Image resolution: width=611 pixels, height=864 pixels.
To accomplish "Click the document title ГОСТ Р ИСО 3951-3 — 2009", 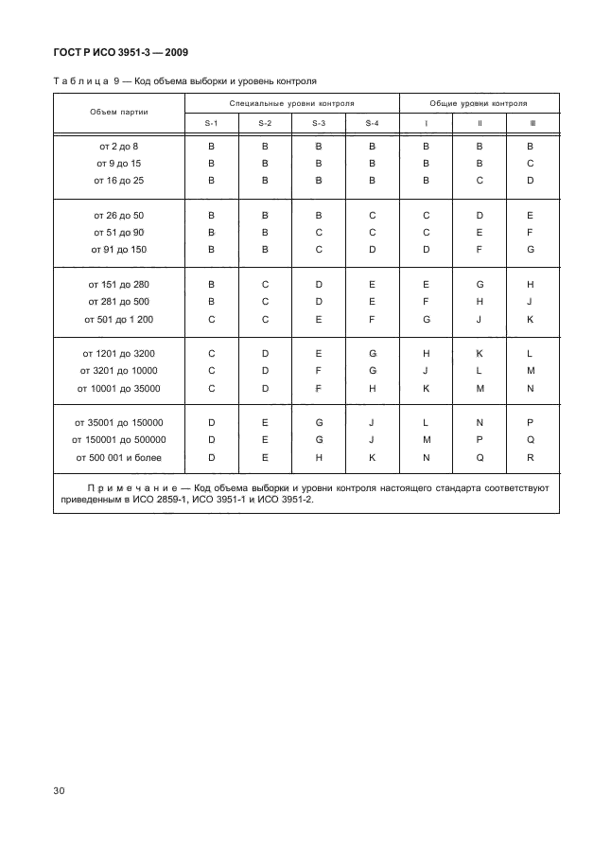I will click(125, 51).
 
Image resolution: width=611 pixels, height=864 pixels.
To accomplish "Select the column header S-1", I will click(212, 124).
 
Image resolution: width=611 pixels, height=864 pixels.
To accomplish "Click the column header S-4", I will click(372, 124).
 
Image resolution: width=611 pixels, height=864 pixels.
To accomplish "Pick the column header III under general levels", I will click(531, 124).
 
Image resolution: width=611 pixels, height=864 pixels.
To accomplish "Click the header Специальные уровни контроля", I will click(291, 101).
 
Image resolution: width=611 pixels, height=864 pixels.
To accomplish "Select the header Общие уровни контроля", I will click(479, 101).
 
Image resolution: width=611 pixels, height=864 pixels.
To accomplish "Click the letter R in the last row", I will click(531, 458).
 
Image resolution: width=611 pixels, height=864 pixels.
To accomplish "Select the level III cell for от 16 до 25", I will click(531, 180).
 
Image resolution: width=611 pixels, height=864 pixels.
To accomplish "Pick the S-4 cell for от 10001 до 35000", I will click(372, 388).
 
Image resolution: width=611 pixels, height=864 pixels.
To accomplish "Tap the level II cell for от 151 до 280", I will click(480, 284).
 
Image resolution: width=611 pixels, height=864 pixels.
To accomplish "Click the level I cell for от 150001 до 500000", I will click(426, 440).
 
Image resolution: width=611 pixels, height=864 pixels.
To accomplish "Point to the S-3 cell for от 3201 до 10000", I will click(319, 371).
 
